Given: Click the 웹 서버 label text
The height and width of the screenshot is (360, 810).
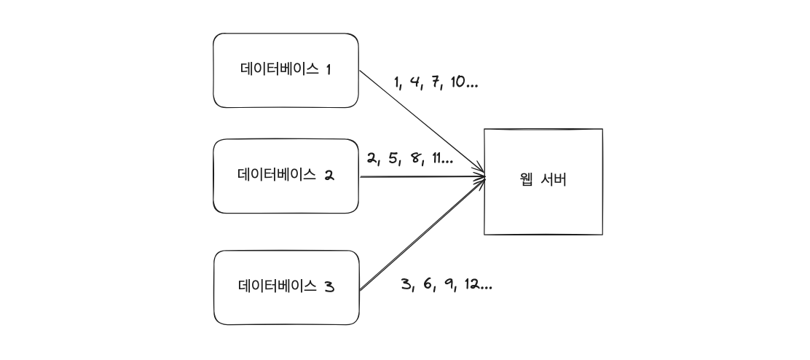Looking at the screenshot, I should [x=543, y=180].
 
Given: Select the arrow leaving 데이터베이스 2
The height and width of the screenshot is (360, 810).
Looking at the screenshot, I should [x=422, y=176].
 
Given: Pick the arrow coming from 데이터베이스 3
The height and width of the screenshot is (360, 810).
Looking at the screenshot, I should [x=422, y=233].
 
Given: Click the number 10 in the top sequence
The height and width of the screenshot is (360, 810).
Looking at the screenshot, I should [x=458, y=82].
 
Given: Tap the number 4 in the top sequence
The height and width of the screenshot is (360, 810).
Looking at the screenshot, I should [x=416, y=82].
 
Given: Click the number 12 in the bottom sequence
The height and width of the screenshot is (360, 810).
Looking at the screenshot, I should [x=473, y=284].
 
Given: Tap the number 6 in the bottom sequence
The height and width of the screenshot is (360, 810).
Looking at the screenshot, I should [x=428, y=284].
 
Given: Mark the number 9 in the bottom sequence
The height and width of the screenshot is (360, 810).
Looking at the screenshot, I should [x=450, y=284].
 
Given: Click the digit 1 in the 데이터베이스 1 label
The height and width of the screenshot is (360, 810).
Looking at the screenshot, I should [x=329, y=70].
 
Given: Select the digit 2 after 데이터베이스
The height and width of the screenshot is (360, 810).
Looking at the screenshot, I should [x=329, y=176].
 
